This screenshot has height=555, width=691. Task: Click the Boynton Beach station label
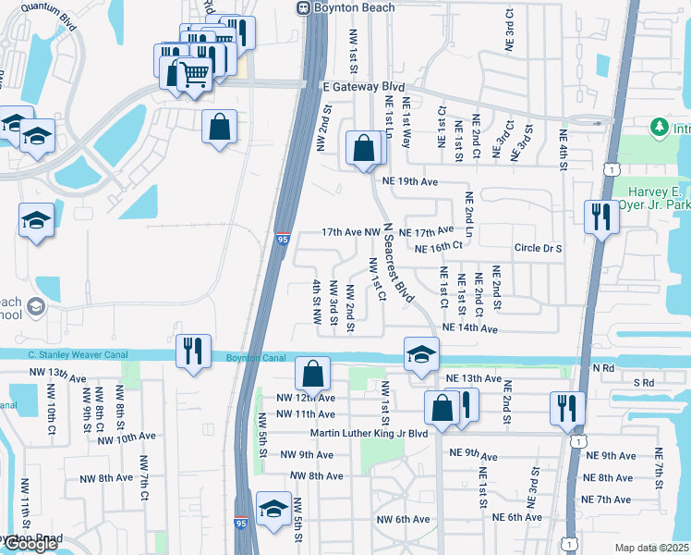tap(356, 7)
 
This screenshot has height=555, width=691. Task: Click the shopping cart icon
tap(194, 73)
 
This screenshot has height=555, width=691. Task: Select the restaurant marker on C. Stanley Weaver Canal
tap(193, 351)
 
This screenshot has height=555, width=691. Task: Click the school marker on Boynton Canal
tap(420, 354)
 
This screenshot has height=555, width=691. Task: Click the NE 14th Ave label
tap(469, 328)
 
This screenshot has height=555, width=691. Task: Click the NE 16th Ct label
tap(437, 249)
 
